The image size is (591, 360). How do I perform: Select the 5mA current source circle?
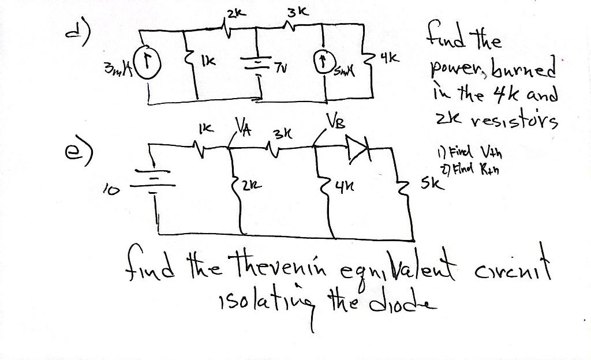tap(323, 62)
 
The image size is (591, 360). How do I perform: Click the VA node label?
tap(241, 126)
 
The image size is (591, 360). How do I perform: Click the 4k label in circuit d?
tap(389, 59)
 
